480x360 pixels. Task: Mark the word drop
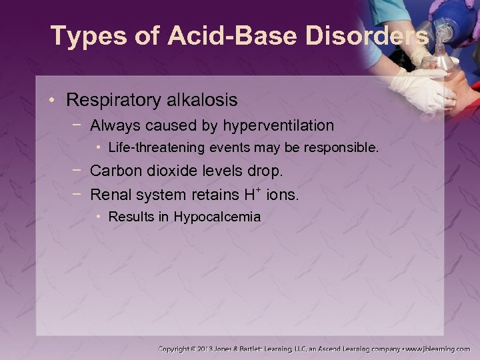267,171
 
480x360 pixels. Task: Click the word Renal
109,195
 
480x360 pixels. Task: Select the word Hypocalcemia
217,217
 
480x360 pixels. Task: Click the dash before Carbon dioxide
78,171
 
